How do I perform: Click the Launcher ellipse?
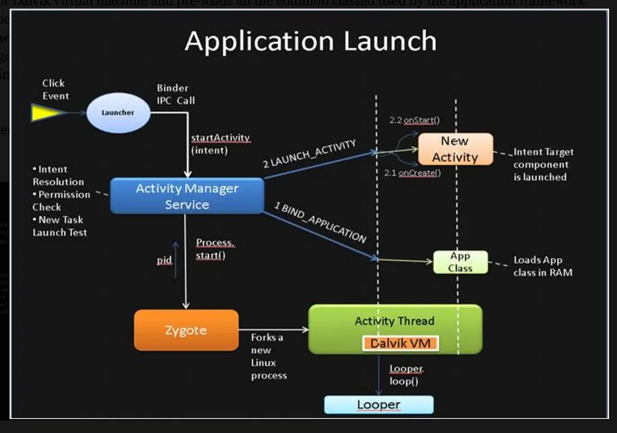118,113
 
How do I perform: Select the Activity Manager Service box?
187,197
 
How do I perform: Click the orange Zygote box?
186,330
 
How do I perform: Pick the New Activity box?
455,149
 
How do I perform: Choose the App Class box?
461,262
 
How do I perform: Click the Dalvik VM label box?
400,343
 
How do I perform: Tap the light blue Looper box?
379,405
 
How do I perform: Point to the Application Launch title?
310,41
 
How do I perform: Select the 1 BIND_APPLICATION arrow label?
320,222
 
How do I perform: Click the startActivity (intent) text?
220,144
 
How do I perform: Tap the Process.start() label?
215,249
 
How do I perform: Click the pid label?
164,261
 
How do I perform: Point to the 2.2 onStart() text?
415,120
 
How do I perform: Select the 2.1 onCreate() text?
412,173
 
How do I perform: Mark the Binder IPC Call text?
176,94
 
